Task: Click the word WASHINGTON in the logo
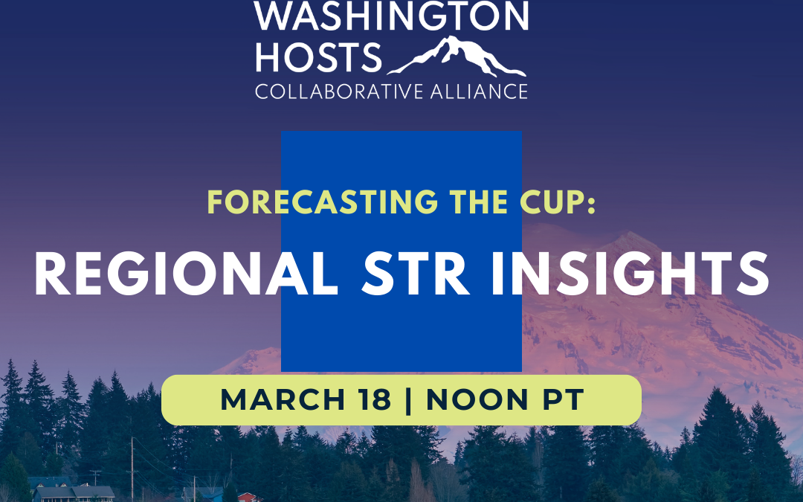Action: (x=391, y=16)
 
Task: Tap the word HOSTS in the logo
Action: (x=318, y=57)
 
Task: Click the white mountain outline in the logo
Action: (x=457, y=57)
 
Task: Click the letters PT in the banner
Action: (x=561, y=400)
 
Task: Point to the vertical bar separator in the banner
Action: (x=408, y=400)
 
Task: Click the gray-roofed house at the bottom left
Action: (x=74, y=492)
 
